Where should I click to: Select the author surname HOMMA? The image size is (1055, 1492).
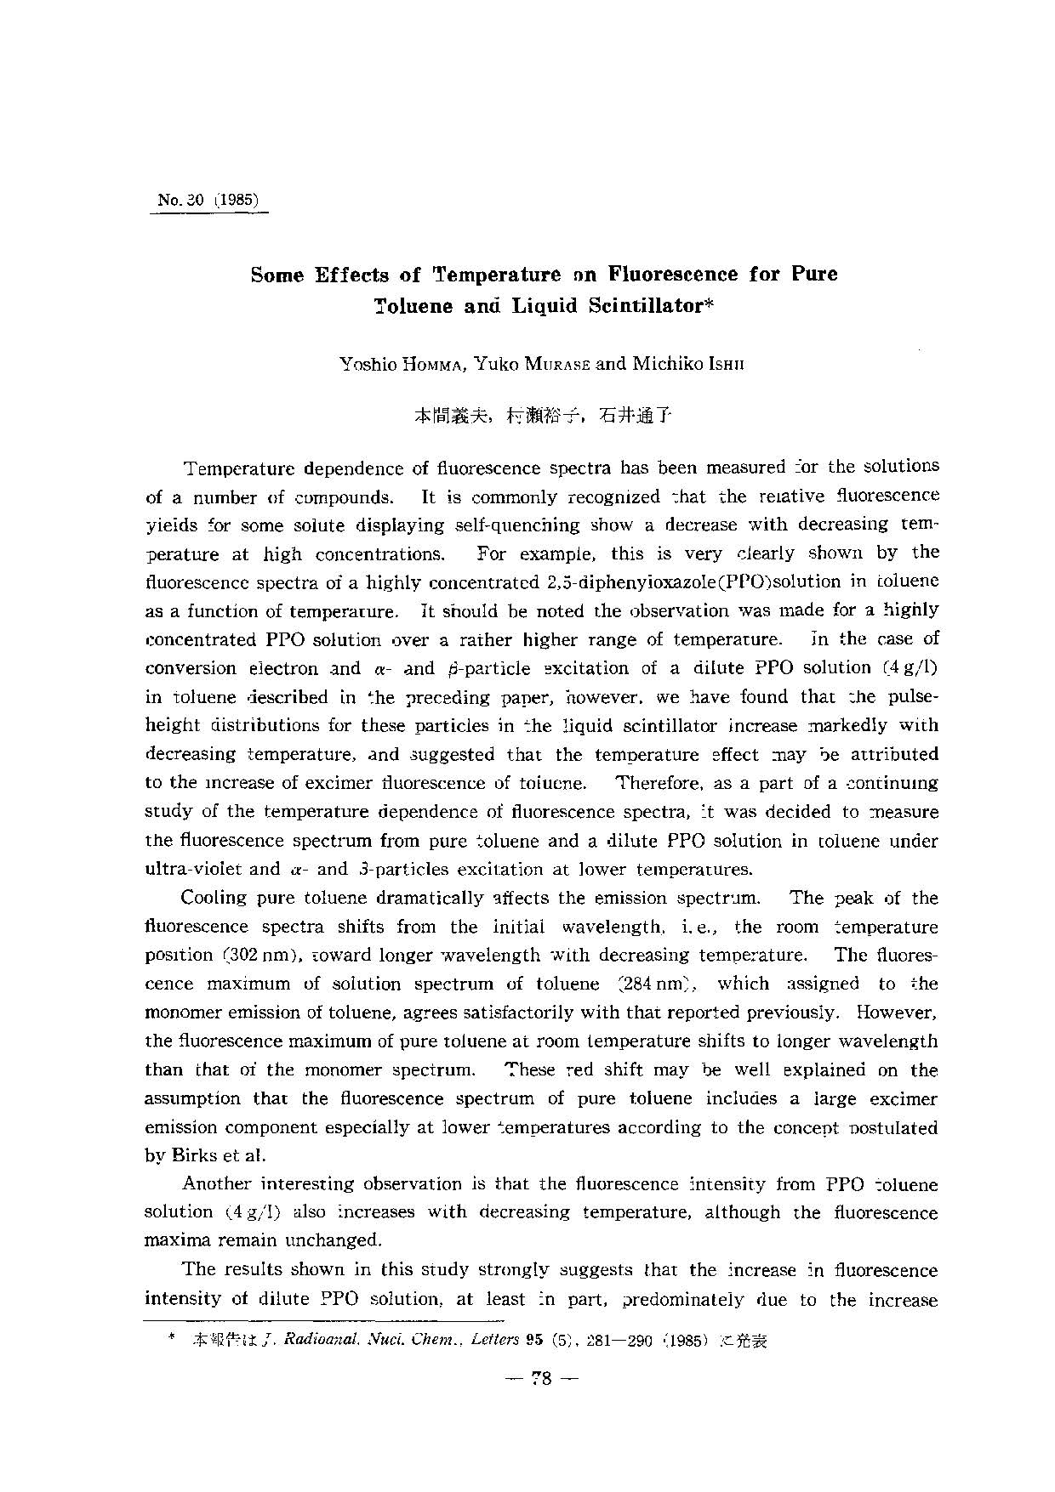pyautogui.click(x=458, y=365)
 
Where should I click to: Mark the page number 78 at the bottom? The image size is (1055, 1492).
pyautogui.click(x=542, y=1378)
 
